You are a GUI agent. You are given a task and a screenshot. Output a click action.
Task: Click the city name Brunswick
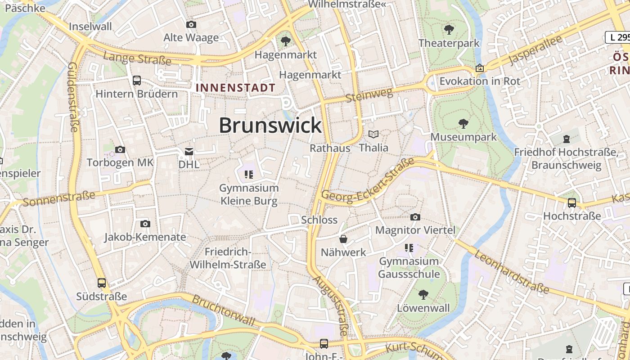(270, 126)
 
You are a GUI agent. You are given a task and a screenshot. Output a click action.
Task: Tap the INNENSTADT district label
(236, 88)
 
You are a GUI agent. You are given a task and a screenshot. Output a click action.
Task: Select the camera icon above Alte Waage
(191, 24)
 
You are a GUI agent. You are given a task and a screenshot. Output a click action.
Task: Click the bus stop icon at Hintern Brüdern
(137, 81)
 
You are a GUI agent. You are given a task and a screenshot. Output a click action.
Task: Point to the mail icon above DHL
(189, 152)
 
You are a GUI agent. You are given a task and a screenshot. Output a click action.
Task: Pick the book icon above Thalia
(373, 134)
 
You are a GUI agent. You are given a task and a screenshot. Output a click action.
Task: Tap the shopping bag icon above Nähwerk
(343, 239)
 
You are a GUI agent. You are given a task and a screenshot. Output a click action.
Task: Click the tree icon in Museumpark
(463, 124)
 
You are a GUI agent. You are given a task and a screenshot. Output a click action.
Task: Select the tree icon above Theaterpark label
(449, 30)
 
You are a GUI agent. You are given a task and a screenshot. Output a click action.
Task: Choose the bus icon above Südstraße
(102, 283)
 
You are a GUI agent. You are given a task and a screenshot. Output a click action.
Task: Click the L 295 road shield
(617, 37)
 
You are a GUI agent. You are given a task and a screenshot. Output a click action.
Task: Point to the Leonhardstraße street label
(512, 272)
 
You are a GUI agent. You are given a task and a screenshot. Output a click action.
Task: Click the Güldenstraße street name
(72, 97)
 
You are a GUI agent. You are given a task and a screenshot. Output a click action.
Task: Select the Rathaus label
(330, 148)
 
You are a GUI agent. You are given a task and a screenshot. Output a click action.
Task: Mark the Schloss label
(319, 220)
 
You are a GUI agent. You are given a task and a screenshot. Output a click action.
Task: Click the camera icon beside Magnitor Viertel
(415, 217)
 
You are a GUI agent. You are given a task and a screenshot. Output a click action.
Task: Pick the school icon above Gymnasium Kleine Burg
(248, 174)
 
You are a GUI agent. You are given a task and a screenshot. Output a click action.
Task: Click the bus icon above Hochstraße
(571, 203)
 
